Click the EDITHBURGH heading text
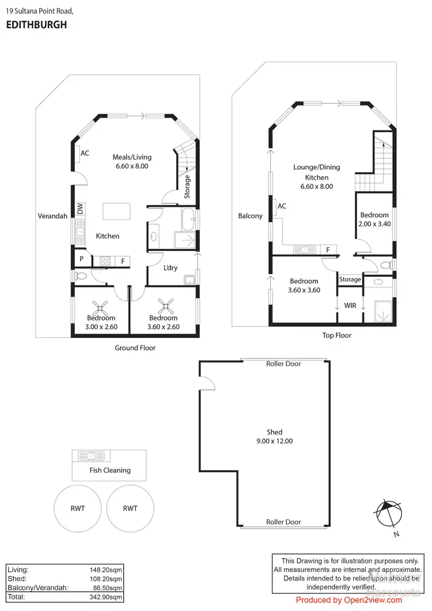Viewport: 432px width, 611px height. click(36, 25)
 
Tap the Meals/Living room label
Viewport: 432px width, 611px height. click(130, 156)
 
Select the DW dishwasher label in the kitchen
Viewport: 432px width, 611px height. click(80, 209)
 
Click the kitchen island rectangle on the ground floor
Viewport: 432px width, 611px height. click(116, 211)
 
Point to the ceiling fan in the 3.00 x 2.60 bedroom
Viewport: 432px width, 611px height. click(101, 306)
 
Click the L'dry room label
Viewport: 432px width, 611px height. click(170, 268)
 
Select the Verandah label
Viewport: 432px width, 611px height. click(53, 216)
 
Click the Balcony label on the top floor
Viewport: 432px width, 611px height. click(251, 216)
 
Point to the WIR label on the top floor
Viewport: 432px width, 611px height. click(350, 305)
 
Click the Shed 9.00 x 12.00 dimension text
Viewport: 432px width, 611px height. click(274, 441)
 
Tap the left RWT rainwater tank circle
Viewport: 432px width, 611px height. click(78, 508)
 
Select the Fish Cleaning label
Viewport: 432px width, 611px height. click(110, 470)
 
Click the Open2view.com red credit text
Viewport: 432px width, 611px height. click(349, 600)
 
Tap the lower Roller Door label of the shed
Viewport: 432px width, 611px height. click(283, 522)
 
